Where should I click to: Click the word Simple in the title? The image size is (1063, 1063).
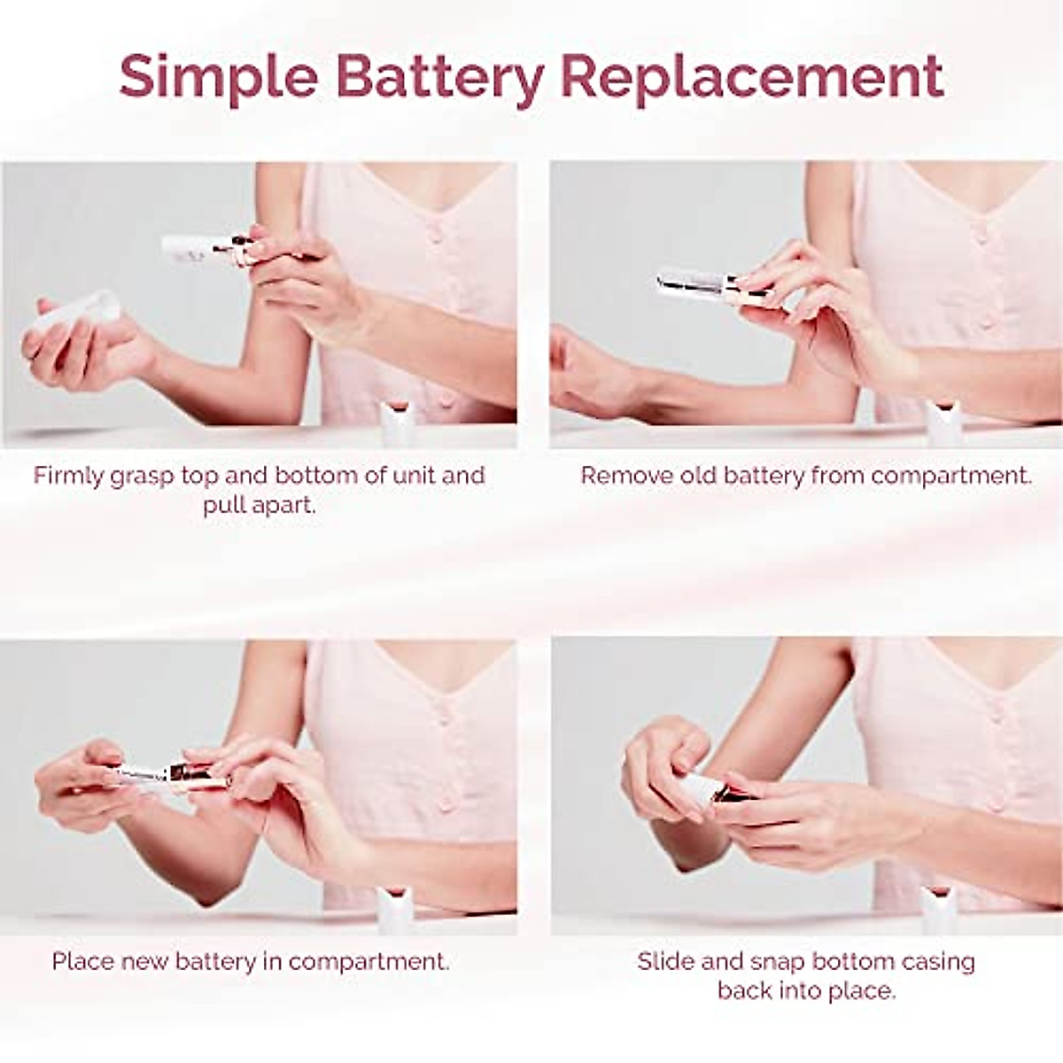[217, 76]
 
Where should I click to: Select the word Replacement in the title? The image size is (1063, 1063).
[752, 76]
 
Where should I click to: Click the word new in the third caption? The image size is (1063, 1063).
[145, 961]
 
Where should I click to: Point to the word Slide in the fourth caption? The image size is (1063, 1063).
[665, 961]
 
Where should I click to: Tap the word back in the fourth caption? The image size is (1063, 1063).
[745, 990]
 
